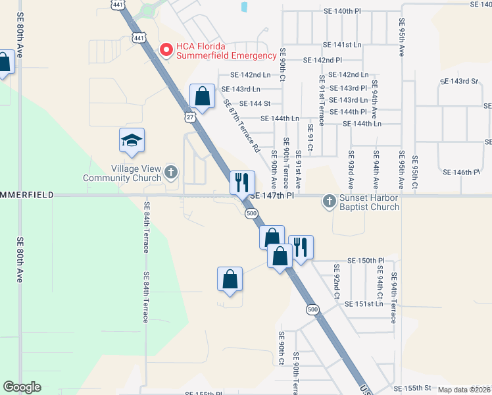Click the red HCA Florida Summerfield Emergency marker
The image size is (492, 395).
[x=166, y=50]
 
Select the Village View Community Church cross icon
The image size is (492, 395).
[x=171, y=172]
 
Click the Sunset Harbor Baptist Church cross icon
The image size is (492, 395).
[x=329, y=201]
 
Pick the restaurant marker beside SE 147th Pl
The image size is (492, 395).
[x=242, y=182]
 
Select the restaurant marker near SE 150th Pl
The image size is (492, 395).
[x=301, y=247]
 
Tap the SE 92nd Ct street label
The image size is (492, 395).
[x=336, y=281]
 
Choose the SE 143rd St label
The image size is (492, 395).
[x=458, y=81]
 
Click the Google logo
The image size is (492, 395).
[x=22, y=387]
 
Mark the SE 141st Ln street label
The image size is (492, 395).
[x=343, y=45]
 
